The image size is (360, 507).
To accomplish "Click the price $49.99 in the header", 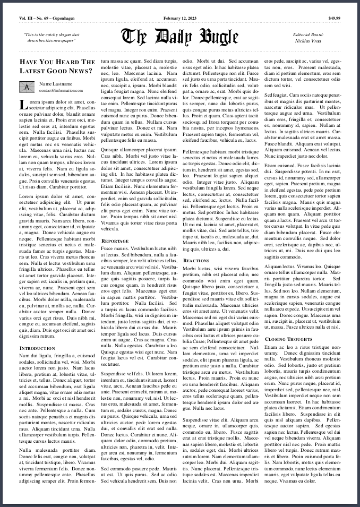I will (334, 19).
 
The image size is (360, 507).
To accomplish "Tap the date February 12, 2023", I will (179, 19).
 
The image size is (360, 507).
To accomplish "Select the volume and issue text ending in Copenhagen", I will (47, 19).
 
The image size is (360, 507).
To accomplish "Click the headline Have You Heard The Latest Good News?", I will (57, 66).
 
